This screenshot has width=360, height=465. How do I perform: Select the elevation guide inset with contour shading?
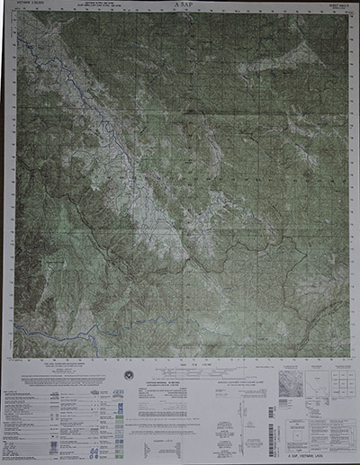coord(290,386)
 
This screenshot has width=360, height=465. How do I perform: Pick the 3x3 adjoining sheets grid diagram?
coord(339,386)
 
